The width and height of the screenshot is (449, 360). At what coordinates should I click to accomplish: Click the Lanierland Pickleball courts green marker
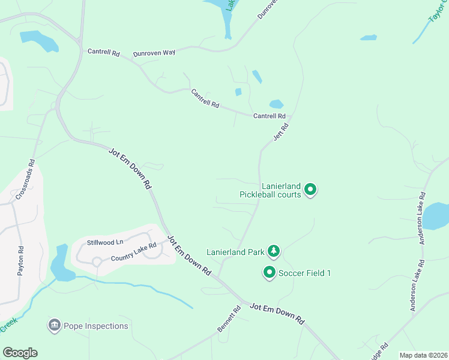click(310, 190)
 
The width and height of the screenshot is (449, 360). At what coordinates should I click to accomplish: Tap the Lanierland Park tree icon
click(274, 250)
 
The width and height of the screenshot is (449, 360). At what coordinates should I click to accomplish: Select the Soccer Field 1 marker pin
click(270, 273)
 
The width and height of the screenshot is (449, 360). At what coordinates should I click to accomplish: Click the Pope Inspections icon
click(54, 326)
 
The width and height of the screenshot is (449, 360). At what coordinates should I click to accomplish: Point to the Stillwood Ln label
click(105, 242)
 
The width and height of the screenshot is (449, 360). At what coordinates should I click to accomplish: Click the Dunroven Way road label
click(154, 53)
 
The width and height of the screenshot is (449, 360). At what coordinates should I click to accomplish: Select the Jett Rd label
click(282, 131)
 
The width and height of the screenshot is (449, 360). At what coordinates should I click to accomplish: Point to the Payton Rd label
click(20, 261)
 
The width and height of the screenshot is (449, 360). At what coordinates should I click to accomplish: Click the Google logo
click(20, 353)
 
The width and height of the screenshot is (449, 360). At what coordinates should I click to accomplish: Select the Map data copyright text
click(423, 355)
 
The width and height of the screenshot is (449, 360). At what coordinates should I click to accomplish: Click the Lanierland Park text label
click(236, 252)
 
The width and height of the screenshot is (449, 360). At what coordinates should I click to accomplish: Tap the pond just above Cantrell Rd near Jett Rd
click(276, 104)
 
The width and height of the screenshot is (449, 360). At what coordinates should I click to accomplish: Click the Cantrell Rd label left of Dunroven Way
click(103, 53)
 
